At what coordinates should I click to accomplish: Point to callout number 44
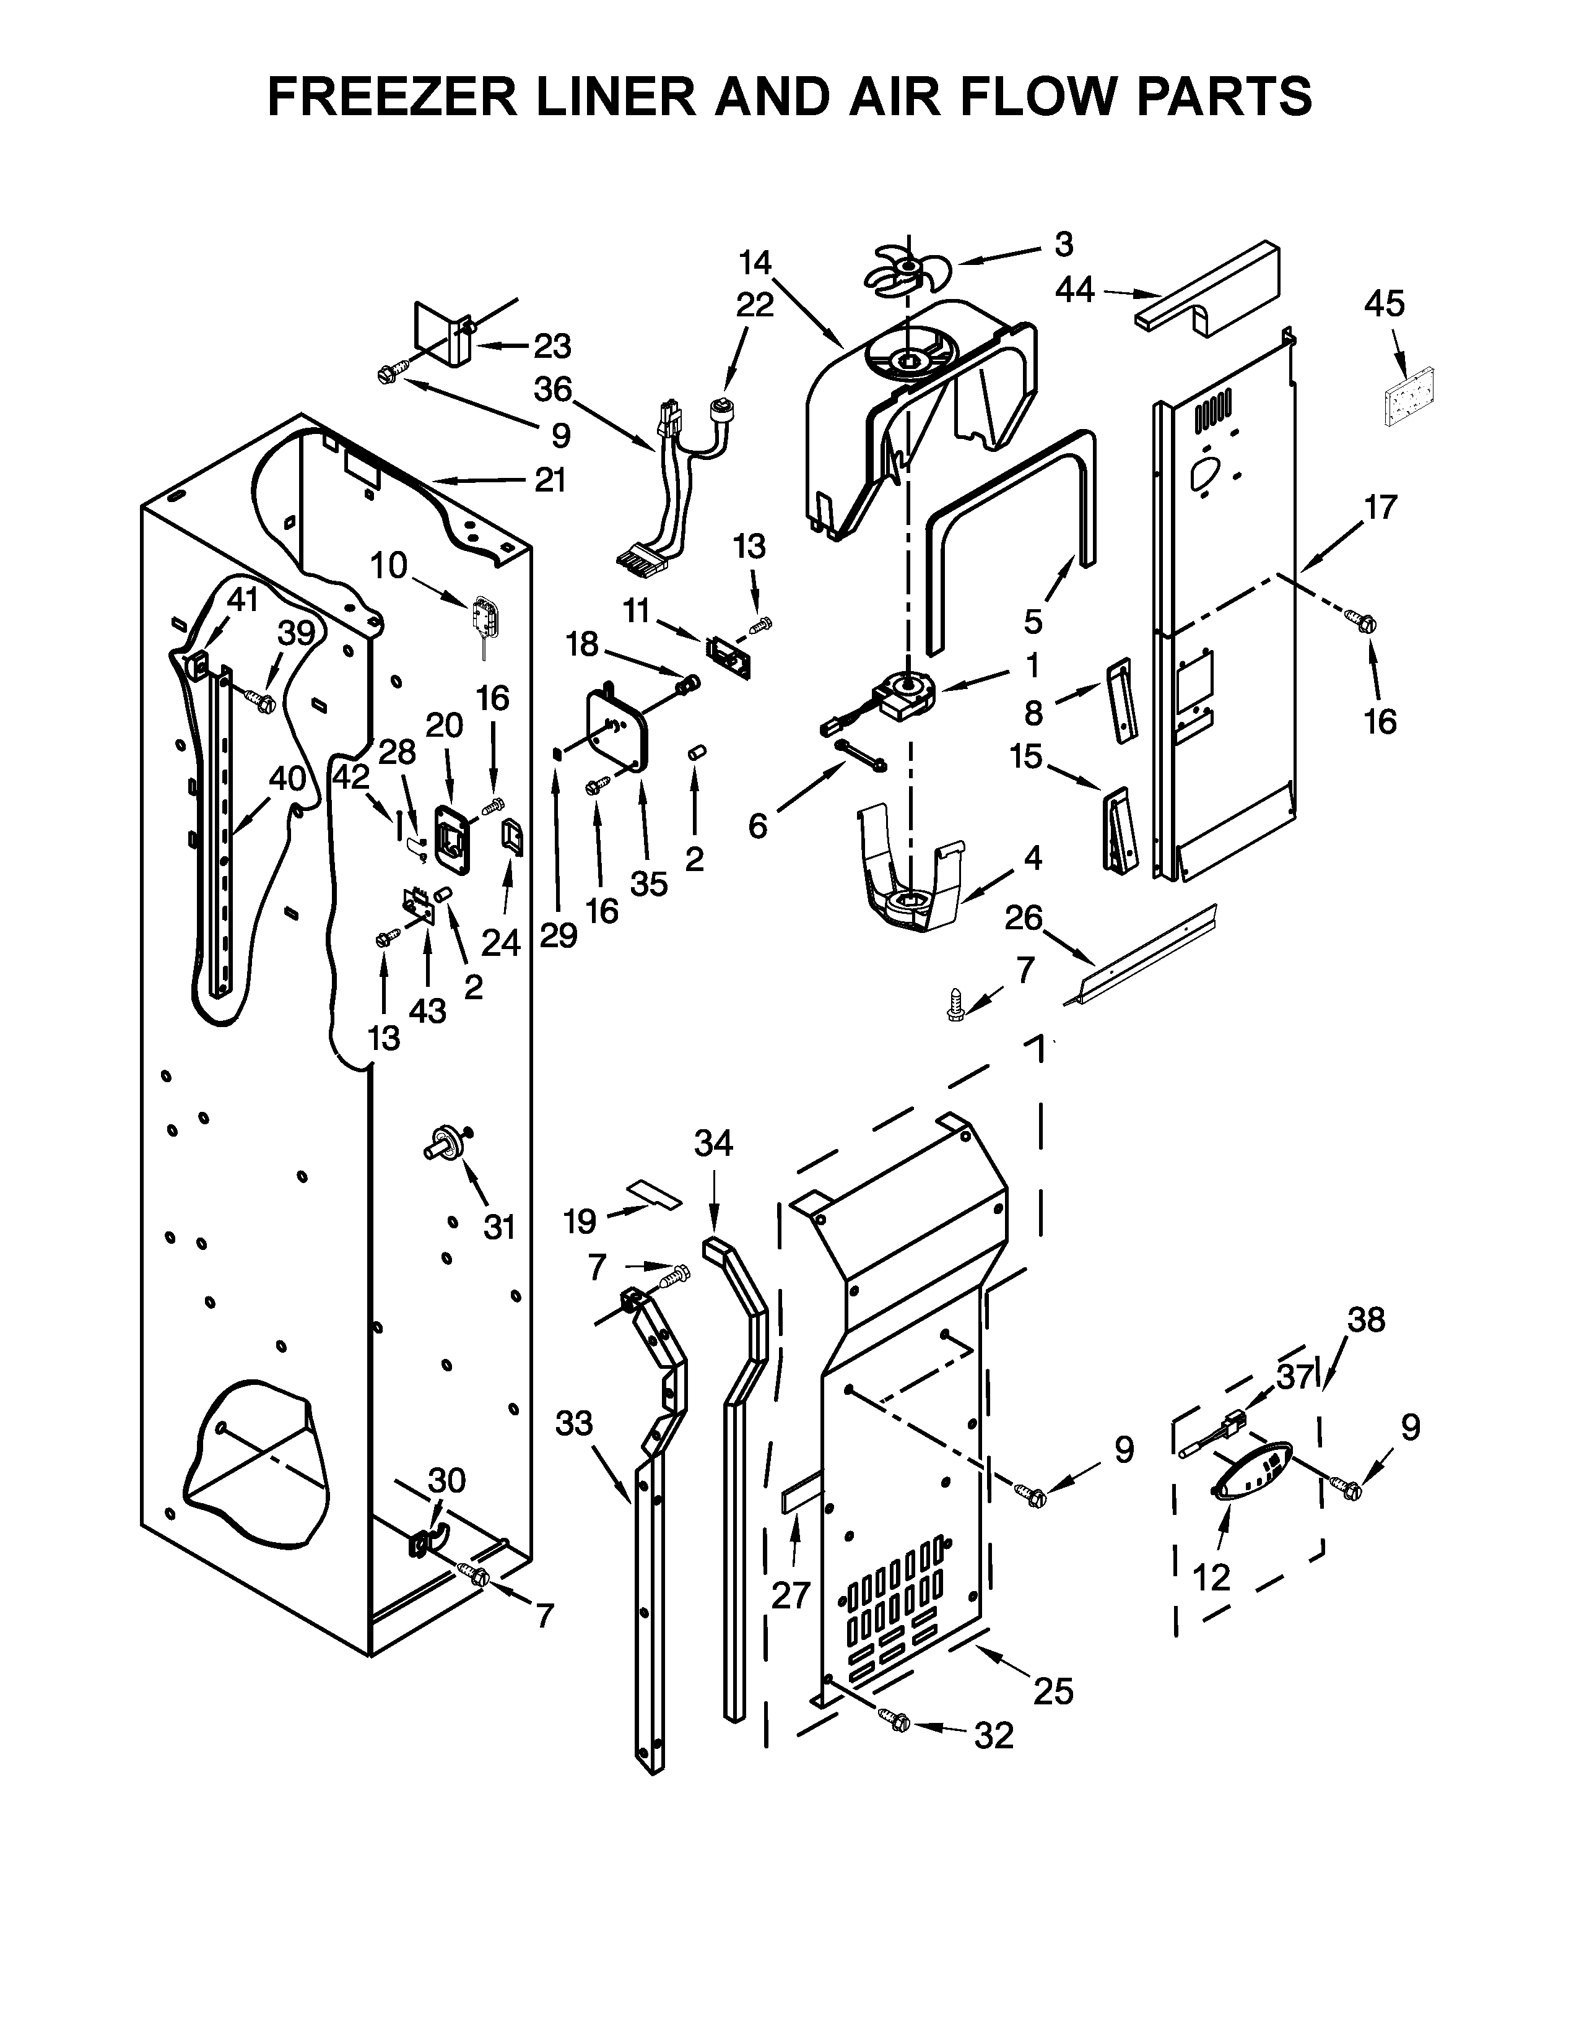pos(1076,291)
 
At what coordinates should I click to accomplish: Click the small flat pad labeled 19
pos(655,1193)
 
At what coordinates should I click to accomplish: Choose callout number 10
pos(389,565)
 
